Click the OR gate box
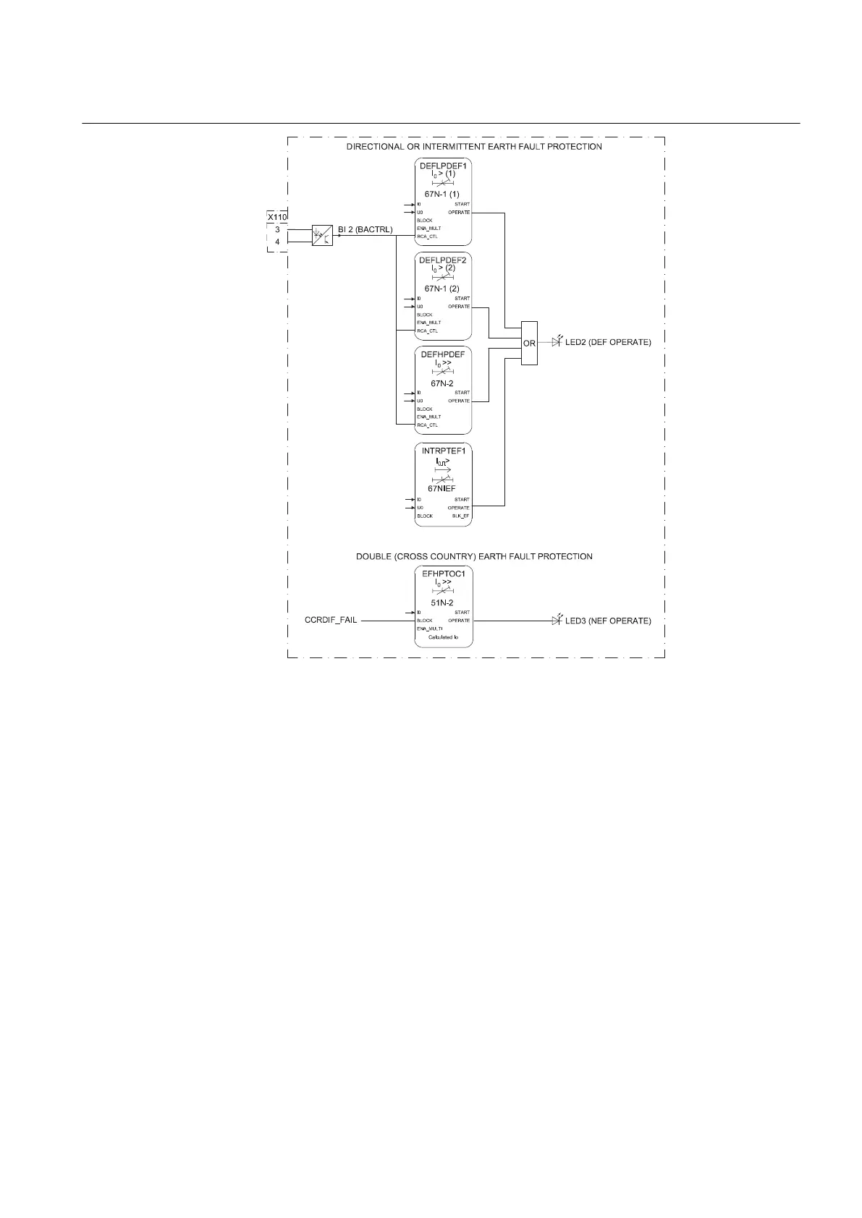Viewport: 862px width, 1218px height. [529, 343]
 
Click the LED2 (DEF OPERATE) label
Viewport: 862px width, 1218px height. [608, 342]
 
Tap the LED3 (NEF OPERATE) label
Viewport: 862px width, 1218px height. [608, 621]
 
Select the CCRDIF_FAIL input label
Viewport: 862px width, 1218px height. [331, 621]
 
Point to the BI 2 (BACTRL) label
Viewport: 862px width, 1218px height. [365, 230]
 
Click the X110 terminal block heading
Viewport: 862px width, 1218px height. [277, 217]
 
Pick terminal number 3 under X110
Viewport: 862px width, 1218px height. [277, 229]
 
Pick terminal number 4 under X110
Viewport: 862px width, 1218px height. [277, 242]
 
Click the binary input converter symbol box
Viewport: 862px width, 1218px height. [322, 235]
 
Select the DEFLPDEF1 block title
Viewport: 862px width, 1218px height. [443, 166]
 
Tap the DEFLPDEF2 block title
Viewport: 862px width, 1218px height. [443, 260]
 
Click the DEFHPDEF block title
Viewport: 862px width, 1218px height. [443, 354]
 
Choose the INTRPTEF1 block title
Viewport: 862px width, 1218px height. [444, 451]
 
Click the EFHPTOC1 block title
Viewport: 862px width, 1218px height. [443, 572]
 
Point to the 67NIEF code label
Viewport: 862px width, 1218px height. [441, 489]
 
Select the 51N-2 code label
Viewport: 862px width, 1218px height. [442, 602]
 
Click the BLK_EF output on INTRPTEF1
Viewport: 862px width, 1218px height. [461, 516]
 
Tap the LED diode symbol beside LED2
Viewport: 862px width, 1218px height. [556, 341]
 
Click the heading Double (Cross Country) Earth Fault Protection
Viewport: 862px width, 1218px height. [474, 556]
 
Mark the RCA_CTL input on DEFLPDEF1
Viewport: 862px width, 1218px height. [427, 237]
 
